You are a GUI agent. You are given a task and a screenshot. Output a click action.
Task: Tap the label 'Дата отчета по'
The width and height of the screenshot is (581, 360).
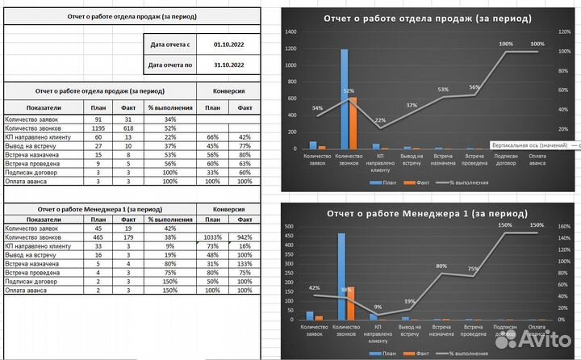point(171,65)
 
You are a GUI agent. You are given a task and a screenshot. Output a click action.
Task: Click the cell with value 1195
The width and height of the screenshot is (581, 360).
point(98,128)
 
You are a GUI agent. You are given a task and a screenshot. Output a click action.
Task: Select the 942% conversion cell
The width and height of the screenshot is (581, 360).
point(245,237)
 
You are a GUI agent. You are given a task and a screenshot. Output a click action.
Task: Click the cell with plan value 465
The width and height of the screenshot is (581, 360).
point(98,237)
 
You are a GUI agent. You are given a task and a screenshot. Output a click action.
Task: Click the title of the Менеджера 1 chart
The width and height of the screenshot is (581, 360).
point(428,214)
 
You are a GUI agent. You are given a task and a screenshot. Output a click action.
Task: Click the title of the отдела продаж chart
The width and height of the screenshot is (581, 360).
point(427,18)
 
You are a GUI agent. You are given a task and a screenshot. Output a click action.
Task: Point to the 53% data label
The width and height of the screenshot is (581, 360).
point(443,90)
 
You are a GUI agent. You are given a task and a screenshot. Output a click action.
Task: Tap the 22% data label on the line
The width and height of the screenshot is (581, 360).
point(379,120)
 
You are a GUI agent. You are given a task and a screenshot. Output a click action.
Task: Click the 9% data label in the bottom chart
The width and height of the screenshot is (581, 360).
point(378,307)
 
